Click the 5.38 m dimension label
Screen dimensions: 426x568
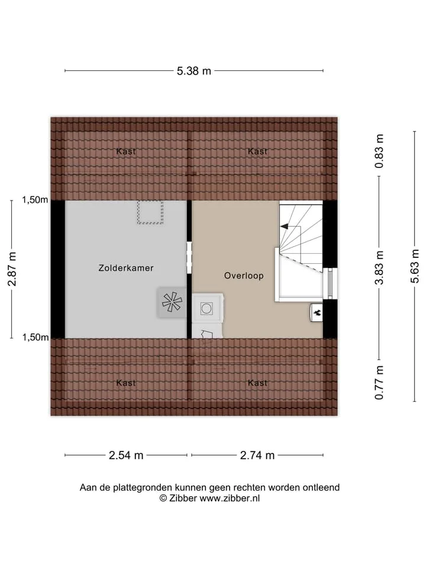click(x=194, y=71)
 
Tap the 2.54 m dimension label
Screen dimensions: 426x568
click(x=126, y=456)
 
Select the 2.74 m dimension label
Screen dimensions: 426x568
click(x=257, y=456)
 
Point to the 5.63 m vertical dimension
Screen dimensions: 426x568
click(x=415, y=266)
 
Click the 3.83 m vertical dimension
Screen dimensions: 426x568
click(x=379, y=267)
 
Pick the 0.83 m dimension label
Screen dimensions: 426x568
click(x=379, y=151)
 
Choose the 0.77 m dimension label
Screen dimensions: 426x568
click(x=379, y=383)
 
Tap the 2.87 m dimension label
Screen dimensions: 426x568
click(x=12, y=269)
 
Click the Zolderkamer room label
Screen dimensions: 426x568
click(x=126, y=268)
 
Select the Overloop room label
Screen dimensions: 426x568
click(x=244, y=276)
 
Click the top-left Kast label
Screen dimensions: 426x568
click(x=125, y=151)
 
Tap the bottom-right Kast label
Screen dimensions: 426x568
click(x=257, y=383)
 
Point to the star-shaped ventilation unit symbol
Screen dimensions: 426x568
click(x=172, y=302)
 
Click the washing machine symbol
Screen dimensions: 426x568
click(x=207, y=308)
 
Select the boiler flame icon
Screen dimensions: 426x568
click(x=317, y=312)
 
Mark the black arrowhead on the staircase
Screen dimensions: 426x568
click(x=284, y=227)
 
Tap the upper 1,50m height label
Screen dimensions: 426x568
click(x=35, y=200)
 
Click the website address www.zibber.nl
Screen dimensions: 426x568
click(x=230, y=498)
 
